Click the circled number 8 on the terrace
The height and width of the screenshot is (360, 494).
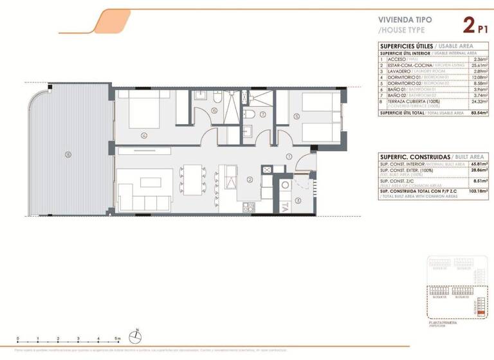click(x=68, y=154)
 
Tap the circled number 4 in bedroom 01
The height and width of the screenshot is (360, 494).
click(x=144, y=135)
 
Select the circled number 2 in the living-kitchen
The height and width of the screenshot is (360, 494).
click(x=248, y=179)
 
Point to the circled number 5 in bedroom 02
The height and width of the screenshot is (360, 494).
click(x=296, y=116)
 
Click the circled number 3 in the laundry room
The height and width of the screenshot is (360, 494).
click(x=298, y=200)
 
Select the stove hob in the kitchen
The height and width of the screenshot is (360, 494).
click(x=249, y=207)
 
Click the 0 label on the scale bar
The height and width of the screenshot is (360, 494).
click(x=18, y=338)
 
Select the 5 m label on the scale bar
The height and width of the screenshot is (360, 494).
click(x=118, y=338)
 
